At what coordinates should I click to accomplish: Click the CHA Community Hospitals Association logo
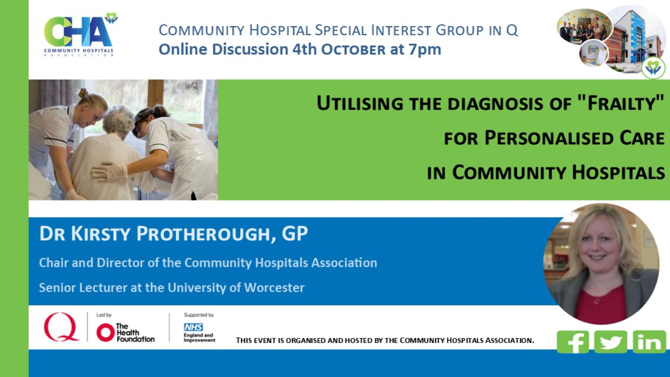coord(80,35)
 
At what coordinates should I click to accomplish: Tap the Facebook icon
coord(573,342)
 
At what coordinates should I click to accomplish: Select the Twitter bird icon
coord(610,342)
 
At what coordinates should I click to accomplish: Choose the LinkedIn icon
coord(649,342)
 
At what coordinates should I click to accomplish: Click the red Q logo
coord(61,327)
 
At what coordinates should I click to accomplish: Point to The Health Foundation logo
coord(125,332)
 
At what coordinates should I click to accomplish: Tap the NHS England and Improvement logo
coord(199,332)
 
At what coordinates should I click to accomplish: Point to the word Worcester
coord(274,287)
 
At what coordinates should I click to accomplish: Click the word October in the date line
coord(353,50)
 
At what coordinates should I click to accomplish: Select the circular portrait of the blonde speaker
coord(601,264)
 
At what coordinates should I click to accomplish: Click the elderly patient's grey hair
coord(119,120)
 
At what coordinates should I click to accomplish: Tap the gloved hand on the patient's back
coord(109,172)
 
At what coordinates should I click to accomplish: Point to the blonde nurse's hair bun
coord(83,93)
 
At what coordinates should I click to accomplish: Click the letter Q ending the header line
coord(512,30)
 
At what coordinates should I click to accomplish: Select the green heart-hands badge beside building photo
coord(653,68)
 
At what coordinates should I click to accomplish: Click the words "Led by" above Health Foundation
coord(104,315)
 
